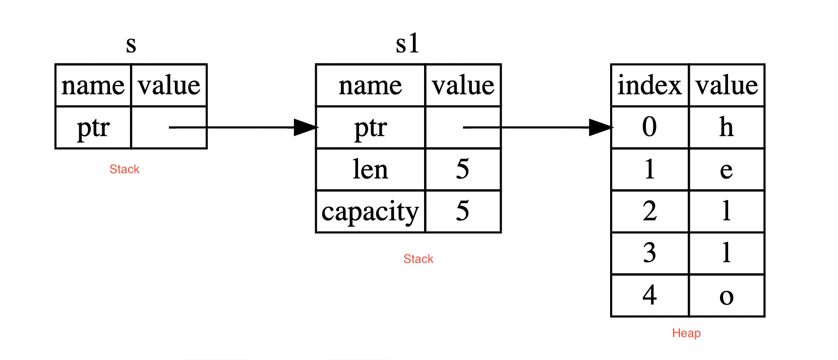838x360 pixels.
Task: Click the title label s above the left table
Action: tap(131, 45)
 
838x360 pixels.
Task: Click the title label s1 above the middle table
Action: tap(407, 44)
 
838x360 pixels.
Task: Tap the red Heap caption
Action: tap(686, 333)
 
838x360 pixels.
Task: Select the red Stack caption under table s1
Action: tap(418, 259)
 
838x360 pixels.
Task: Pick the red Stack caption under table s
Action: tap(124, 169)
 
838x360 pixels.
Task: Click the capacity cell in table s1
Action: tap(370, 212)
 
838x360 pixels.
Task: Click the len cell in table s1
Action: tap(370, 169)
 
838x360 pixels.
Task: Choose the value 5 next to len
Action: tap(462, 169)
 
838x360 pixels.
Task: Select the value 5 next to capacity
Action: tap(462, 211)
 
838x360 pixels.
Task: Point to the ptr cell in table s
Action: tap(93, 128)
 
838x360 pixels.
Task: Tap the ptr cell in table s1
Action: tap(370, 128)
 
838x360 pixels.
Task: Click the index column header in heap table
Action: tap(649, 85)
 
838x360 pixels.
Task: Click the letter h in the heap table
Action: tap(726, 127)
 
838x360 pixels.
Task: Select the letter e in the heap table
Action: tap(726, 170)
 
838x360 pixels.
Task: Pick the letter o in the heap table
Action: tap(726, 296)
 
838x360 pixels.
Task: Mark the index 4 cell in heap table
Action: tap(649, 295)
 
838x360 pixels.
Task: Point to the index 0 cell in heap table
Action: tap(649, 127)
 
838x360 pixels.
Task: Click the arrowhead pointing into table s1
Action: tap(305, 128)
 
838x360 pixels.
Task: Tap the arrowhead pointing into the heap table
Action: tap(600, 128)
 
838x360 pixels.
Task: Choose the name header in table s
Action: tap(93, 85)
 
